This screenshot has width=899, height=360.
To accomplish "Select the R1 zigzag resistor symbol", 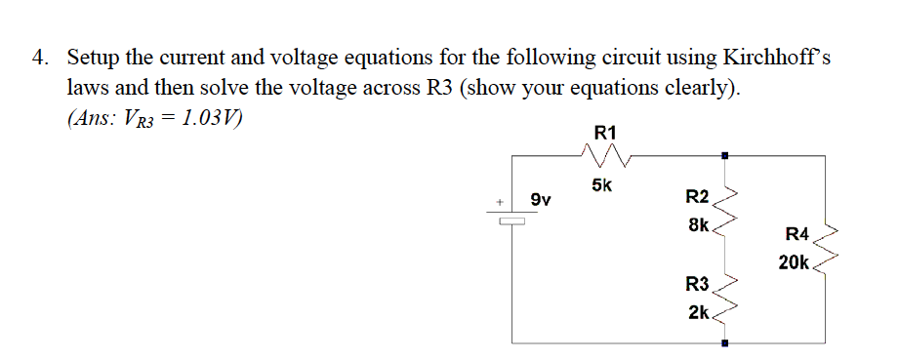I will (x=605, y=155).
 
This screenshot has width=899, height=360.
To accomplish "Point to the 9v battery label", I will (x=541, y=200).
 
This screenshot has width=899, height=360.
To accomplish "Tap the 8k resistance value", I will (x=699, y=224).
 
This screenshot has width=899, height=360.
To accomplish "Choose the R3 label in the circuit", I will (x=698, y=285).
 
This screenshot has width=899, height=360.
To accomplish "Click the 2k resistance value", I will (x=699, y=312).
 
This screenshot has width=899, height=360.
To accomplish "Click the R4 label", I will (x=797, y=234).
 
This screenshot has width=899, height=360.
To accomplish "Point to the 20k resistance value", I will (x=794, y=261).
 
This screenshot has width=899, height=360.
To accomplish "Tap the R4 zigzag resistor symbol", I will (x=827, y=248).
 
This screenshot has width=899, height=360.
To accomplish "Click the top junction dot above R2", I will (x=723, y=154).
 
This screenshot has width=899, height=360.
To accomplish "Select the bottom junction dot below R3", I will (x=723, y=343).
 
